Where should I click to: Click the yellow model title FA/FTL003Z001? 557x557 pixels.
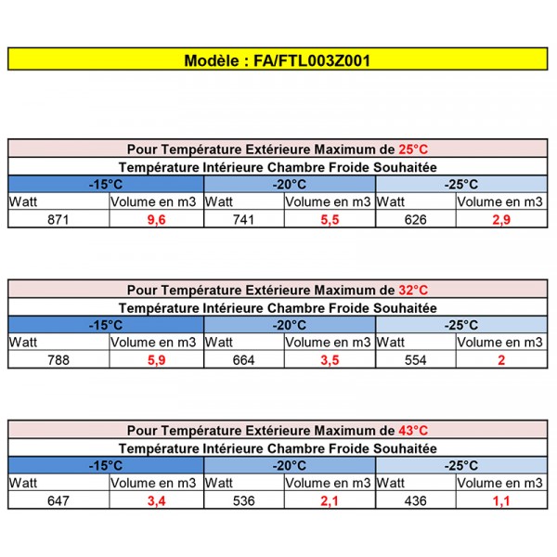278,60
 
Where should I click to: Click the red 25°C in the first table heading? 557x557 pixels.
412,149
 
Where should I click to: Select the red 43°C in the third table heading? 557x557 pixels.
412,430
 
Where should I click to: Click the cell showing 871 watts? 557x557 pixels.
58,219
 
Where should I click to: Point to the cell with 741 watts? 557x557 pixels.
244,219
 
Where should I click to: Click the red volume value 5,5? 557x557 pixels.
329,219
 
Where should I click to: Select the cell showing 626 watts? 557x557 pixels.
416,219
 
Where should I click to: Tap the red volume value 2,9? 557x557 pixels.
502,219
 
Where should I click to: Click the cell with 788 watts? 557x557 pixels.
58,360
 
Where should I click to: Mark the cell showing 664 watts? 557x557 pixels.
244,360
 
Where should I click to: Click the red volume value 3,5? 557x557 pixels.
329,360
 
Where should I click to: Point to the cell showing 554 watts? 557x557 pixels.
416,360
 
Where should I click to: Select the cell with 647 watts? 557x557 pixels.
58,501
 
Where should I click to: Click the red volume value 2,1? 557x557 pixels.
329,501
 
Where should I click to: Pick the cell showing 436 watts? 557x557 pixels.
416,501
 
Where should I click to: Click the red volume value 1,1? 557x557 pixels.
502,501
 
